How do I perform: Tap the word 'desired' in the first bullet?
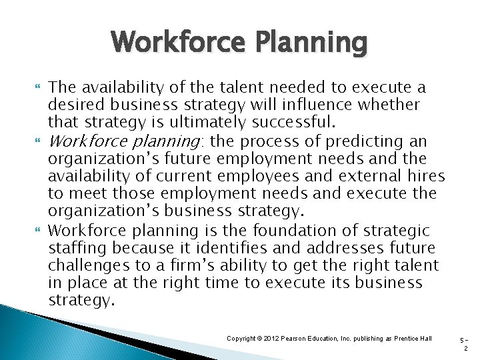tap(75, 105)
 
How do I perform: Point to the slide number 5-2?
tap(465, 344)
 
